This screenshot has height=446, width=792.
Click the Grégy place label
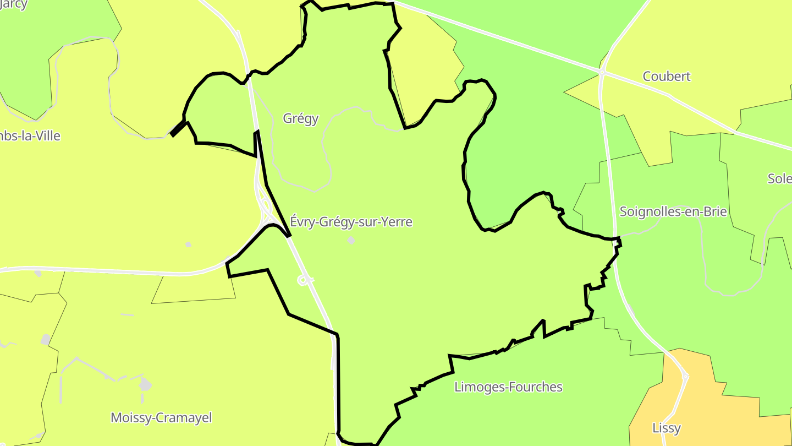(x=300, y=118)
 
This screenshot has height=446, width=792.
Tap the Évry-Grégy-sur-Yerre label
(x=351, y=222)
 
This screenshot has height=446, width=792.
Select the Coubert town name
(x=667, y=77)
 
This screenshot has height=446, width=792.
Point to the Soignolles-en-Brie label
(x=673, y=211)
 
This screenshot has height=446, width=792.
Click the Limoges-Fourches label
(x=508, y=387)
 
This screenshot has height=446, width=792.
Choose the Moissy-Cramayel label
(x=161, y=417)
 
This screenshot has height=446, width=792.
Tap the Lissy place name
(x=667, y=428)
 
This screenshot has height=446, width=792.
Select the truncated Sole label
(x=779, y=179)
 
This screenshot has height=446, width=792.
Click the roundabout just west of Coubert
(x=602, y=72)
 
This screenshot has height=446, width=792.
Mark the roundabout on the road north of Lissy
(x=685, y=377)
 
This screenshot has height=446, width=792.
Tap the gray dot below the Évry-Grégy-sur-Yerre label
(x=351, y=241)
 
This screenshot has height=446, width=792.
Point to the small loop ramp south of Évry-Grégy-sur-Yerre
(x=302, y=280)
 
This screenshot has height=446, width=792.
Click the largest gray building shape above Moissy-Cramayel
(x=145, y=384)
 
